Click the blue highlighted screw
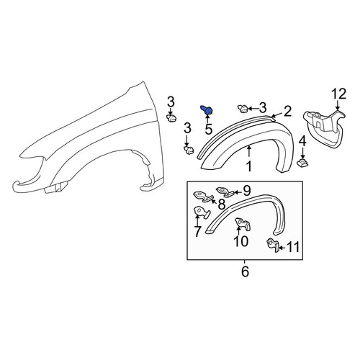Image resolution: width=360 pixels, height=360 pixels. (207, 110)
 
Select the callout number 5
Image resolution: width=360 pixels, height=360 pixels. (209, 130)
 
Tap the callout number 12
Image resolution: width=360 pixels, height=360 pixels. (339, 94)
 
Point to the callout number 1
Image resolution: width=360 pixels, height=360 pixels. (250, 166)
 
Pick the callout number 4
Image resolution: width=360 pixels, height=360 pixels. (302, 141)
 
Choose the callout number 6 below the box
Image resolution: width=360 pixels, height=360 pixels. (245, 271)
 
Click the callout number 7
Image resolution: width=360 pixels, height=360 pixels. (197, 231)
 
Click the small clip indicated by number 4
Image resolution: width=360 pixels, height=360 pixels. (302, 163)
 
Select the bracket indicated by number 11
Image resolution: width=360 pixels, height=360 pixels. (273, 245)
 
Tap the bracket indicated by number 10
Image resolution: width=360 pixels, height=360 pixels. (243, 224)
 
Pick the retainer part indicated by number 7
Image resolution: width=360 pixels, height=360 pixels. (202, 212)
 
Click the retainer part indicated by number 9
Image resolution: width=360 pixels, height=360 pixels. (225, 192)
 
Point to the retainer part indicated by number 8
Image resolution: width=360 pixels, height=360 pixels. (203, 197)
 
